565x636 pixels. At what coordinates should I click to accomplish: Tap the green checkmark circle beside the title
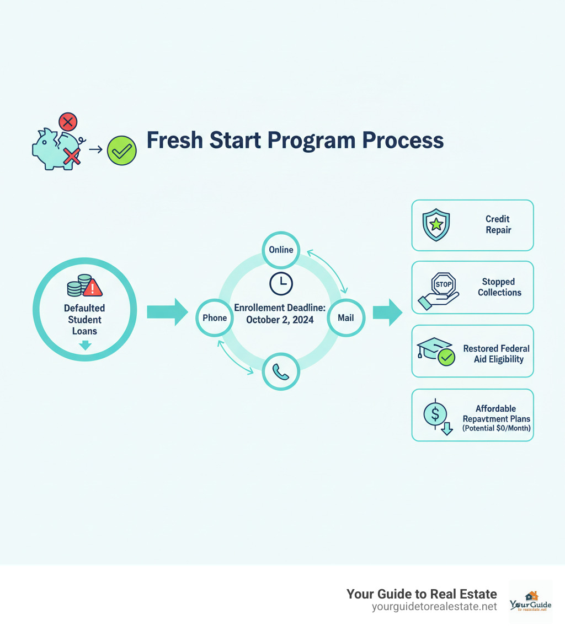pos(121,149)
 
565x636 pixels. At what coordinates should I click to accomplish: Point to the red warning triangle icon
pos(93,287)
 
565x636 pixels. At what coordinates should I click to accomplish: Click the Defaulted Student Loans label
pos(84,320)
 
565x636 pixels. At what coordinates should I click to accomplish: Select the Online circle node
pos(281,250)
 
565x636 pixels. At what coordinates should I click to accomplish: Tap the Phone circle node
pos(215,317)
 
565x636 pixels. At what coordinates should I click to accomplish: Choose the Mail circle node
pos(346,317)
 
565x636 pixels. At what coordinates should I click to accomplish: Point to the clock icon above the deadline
pos(281,283)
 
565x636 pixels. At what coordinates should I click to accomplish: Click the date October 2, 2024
pos(280,320)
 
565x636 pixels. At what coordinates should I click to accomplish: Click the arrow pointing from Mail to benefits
pos(388,312)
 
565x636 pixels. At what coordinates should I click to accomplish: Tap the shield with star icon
pos(436,225)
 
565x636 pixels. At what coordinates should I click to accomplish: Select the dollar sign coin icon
pos(435,413)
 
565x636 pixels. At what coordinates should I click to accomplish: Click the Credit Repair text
pos(498,225)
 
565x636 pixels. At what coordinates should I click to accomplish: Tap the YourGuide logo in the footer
pos(530,602)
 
